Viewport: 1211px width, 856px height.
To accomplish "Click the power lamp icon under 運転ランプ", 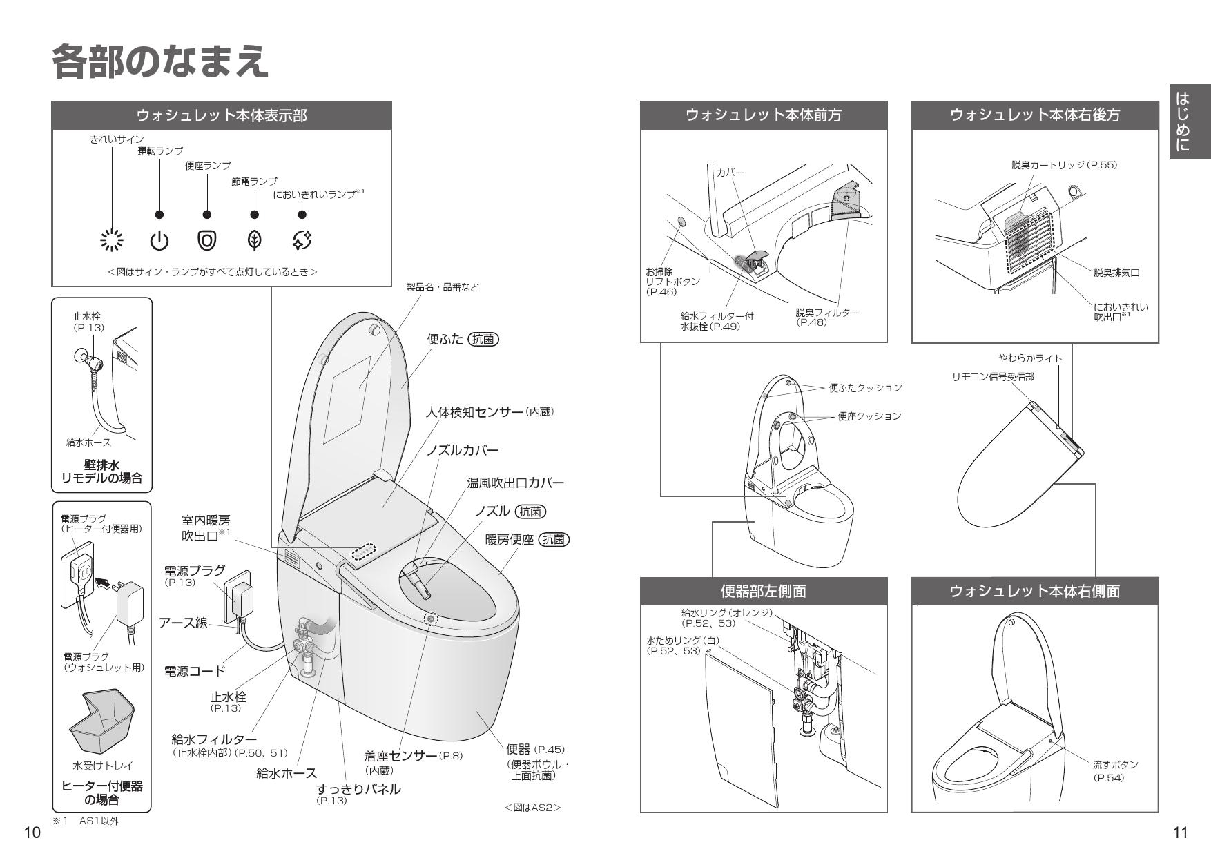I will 159,241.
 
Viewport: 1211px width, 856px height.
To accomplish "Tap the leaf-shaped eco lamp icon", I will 255,240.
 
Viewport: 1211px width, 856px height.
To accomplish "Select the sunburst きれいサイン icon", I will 112,240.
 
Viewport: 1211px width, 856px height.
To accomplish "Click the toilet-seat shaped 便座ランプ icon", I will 207,240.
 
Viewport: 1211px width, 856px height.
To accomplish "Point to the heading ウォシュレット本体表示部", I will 222,115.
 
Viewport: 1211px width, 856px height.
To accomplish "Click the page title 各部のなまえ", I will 160,62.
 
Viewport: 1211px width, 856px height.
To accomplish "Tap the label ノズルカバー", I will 462,450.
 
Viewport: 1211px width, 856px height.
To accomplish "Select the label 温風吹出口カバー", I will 515,482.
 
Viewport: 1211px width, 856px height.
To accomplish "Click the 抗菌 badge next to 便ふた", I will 483,339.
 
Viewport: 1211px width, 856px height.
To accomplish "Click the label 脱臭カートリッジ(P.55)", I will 1064,164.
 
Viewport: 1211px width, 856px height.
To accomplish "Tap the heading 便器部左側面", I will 764,591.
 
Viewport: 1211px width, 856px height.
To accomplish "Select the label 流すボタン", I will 1115,765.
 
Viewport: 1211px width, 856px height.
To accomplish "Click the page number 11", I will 1181,833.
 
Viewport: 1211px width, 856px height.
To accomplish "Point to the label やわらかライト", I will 1030,358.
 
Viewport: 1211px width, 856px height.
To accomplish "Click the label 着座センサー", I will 400,756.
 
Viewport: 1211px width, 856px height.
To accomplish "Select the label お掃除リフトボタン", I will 672,282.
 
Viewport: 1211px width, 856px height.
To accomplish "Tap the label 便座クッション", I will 869,416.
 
